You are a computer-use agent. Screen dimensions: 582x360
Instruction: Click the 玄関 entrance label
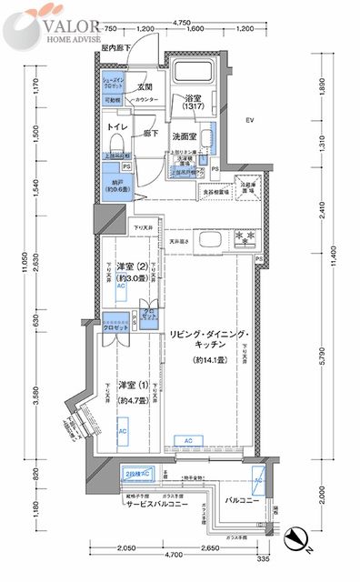145,87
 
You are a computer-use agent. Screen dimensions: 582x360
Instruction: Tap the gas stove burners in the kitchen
243,237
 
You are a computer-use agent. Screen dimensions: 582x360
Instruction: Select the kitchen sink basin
205,241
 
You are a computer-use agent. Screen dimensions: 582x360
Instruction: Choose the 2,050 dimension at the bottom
127,548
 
